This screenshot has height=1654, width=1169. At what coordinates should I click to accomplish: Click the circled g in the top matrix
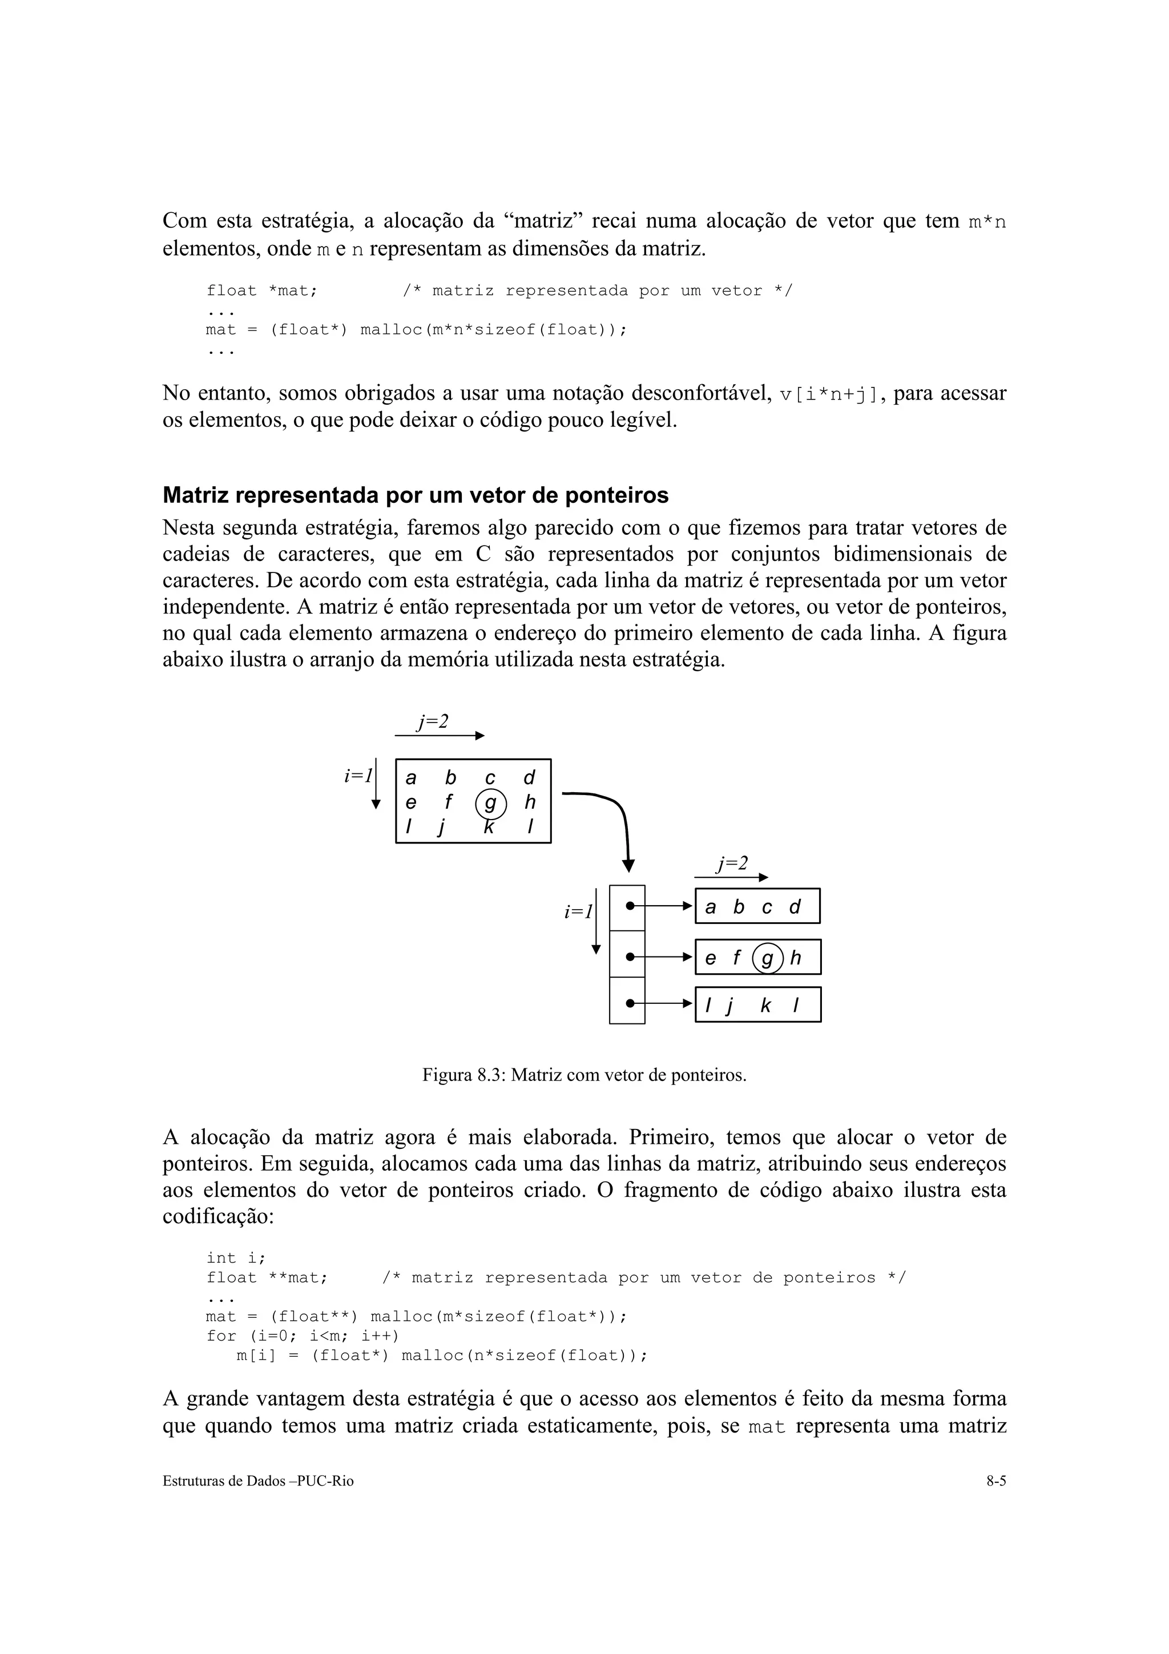pos(490,803)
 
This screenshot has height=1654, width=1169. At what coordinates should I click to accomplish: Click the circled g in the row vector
pos(767,958)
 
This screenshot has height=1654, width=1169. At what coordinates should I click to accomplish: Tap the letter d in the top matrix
pos(529,778)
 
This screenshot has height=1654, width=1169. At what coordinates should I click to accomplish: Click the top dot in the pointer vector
pos(630,906)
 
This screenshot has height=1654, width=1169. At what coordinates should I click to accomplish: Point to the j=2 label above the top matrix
pos(433,721)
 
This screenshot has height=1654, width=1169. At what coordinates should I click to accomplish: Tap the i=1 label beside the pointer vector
pos(578,912)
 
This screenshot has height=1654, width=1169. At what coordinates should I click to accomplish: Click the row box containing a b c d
pos(757,906)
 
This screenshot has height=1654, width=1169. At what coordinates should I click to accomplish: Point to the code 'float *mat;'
pos(262,291)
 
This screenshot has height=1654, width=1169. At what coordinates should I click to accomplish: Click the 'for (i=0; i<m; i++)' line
pos(303,1336)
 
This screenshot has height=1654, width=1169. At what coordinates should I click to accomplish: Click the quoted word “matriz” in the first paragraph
pos(540,220)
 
